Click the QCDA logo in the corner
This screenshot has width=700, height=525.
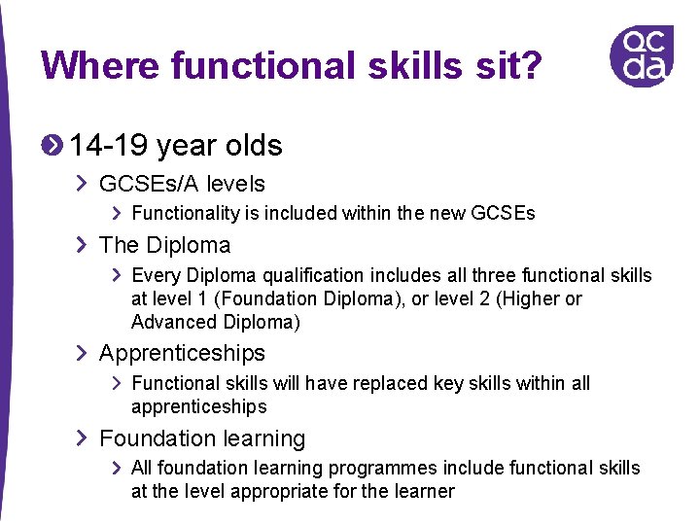click(641, 55)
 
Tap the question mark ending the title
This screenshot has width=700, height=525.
click(530, 66)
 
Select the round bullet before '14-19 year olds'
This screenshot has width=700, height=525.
click(52, 145)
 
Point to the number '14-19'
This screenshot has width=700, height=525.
click(109, 146)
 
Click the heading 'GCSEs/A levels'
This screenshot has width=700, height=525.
click(182, 184)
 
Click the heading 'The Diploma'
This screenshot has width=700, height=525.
click(164, 245)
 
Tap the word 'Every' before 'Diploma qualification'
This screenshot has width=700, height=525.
click(154, 275)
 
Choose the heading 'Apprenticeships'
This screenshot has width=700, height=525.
click(182, 353)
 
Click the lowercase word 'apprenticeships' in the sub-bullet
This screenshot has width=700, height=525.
click(198, 406)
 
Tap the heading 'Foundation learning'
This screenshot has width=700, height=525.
click(202, 438)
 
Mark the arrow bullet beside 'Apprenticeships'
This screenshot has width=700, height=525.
click(82, 353)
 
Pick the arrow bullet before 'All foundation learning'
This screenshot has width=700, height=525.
click(117, 469)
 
